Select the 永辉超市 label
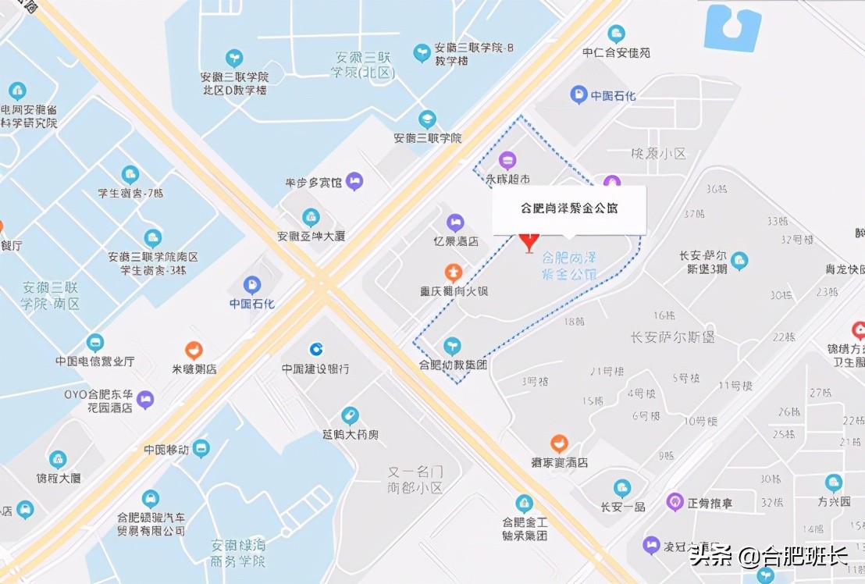click(x=507, y=179)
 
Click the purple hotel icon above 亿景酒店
click(x=455, y=223)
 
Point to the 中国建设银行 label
click(x=315, y=369)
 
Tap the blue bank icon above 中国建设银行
click(x=316, y=349)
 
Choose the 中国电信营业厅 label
click(x=94, y=361)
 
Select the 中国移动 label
click(x=166, y=450)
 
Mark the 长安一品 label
click(x=622, y=507)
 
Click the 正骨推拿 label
click(x=709, y=504)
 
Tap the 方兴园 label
click(x=833, y=502)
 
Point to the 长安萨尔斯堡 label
click(x=672, y=338)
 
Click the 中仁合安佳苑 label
click(x=616, y=53)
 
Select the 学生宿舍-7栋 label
click(x=130, y=194)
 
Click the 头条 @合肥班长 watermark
click(x=767, y=557)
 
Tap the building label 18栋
click(x=573, y=321)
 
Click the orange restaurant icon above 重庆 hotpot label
click(x=452, y=272)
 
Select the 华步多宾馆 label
click(x=314, y=183)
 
